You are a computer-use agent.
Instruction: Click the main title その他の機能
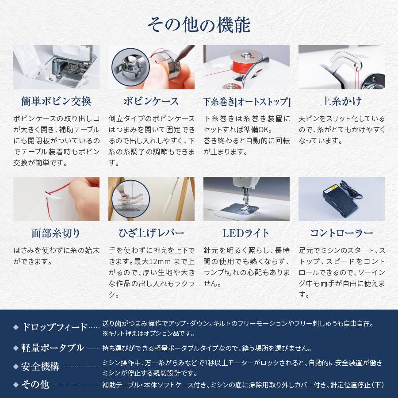pos(199,25)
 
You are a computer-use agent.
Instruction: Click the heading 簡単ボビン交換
pos(56,101)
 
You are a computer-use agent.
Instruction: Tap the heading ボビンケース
pos(151,101)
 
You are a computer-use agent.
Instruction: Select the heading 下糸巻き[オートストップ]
pos(246,102)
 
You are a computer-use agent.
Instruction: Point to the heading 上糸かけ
pos(341,101)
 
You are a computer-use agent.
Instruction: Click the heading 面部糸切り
pos(56,233)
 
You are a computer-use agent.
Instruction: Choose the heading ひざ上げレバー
pos(151,233)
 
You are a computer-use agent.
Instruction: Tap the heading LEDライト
pos(246,233)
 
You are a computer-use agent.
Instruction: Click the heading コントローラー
pos(341,233)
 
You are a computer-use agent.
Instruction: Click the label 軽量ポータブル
pos(53,348)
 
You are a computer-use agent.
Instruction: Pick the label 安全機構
pos(40,367)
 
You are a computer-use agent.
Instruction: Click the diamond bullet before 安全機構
pos(15,367)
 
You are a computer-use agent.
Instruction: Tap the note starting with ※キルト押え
pos(148,333)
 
